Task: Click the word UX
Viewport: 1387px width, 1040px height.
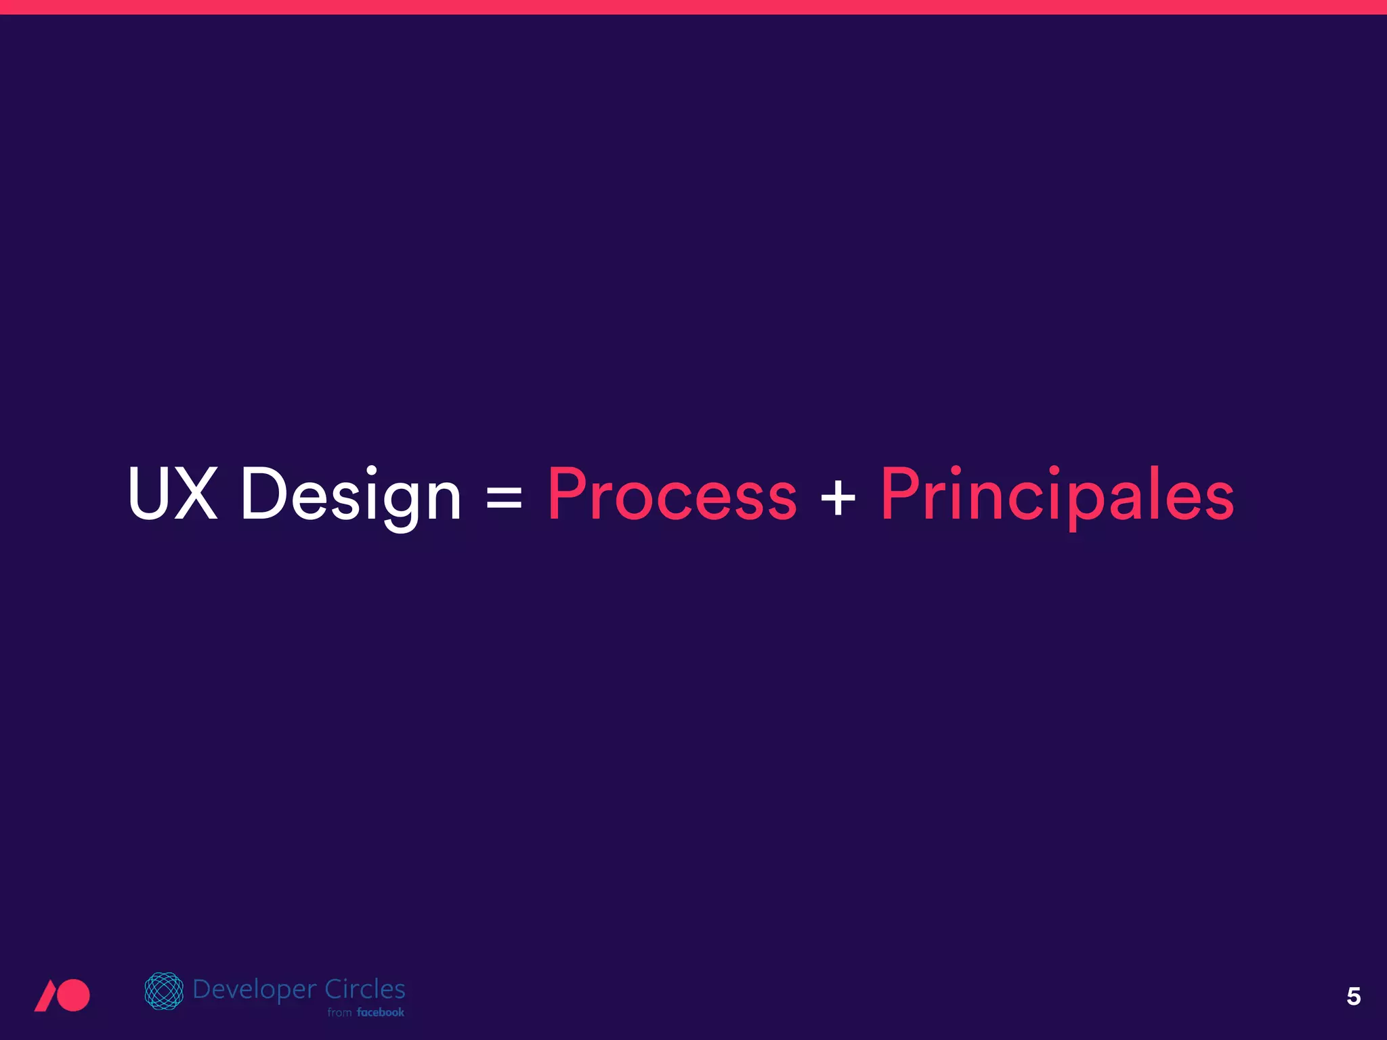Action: click(173, 494)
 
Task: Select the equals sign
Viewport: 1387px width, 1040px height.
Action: click(505, 498)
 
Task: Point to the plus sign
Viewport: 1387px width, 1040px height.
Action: click(838, 498)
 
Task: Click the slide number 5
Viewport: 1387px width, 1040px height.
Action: click(1353, 996)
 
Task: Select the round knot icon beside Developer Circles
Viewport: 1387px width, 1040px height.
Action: click(164, 991)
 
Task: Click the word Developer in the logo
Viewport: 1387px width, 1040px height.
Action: click(255, 990)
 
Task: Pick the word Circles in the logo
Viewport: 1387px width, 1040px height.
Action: click(365, 989)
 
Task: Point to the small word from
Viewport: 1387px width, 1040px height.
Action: click(339, 1013)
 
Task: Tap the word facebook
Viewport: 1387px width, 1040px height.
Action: click(381, 1012)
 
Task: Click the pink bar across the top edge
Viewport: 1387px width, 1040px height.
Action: click(693, 7)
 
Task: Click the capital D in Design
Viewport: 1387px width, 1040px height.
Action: click(265, 494)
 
